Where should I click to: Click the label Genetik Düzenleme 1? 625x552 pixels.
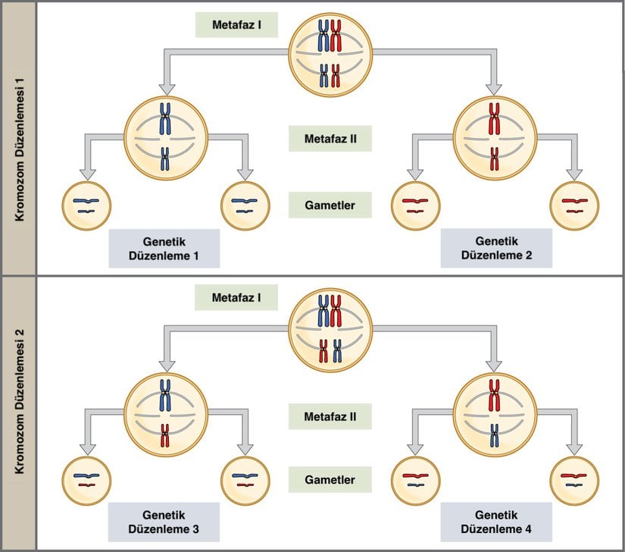164,248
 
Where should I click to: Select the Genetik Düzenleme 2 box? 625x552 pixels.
496,248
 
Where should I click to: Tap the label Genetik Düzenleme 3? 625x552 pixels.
164,521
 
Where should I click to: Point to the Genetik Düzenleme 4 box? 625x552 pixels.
496,521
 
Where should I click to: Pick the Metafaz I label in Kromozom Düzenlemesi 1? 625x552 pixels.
235,24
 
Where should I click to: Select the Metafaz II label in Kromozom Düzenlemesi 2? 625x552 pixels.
330,416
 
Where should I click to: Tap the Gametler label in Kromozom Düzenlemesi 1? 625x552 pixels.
330,204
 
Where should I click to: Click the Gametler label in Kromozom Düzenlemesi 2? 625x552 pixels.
330,480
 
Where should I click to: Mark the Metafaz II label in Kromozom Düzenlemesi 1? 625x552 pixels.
330,139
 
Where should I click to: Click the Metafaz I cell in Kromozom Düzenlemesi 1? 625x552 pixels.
330,52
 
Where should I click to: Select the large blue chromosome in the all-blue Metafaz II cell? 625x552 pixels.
165,120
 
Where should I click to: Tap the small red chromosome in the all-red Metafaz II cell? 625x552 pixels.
495,158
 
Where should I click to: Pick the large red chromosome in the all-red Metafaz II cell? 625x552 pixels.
495,119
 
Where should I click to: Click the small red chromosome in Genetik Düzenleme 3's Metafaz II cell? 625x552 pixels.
165,434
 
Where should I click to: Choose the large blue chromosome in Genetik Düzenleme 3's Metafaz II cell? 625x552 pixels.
165,394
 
